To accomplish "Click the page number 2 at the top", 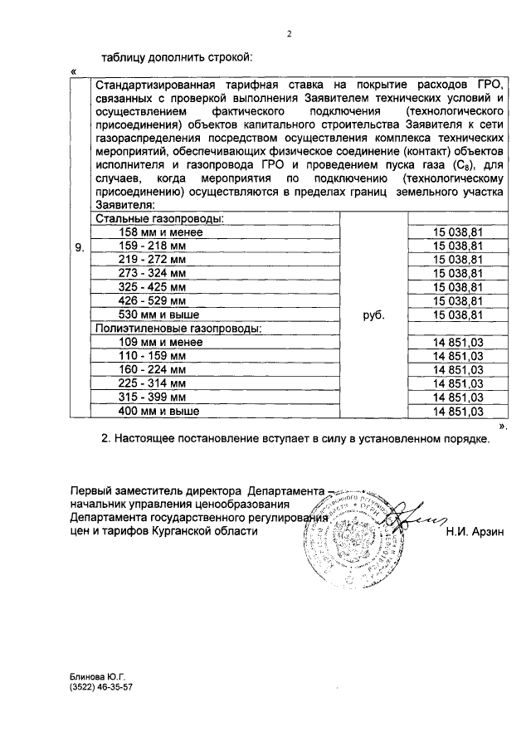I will click(x=289, y=34).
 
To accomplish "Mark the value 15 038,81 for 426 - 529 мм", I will click(x=452, y=300).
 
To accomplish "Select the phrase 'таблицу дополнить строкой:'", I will click(x=175, y=58).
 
